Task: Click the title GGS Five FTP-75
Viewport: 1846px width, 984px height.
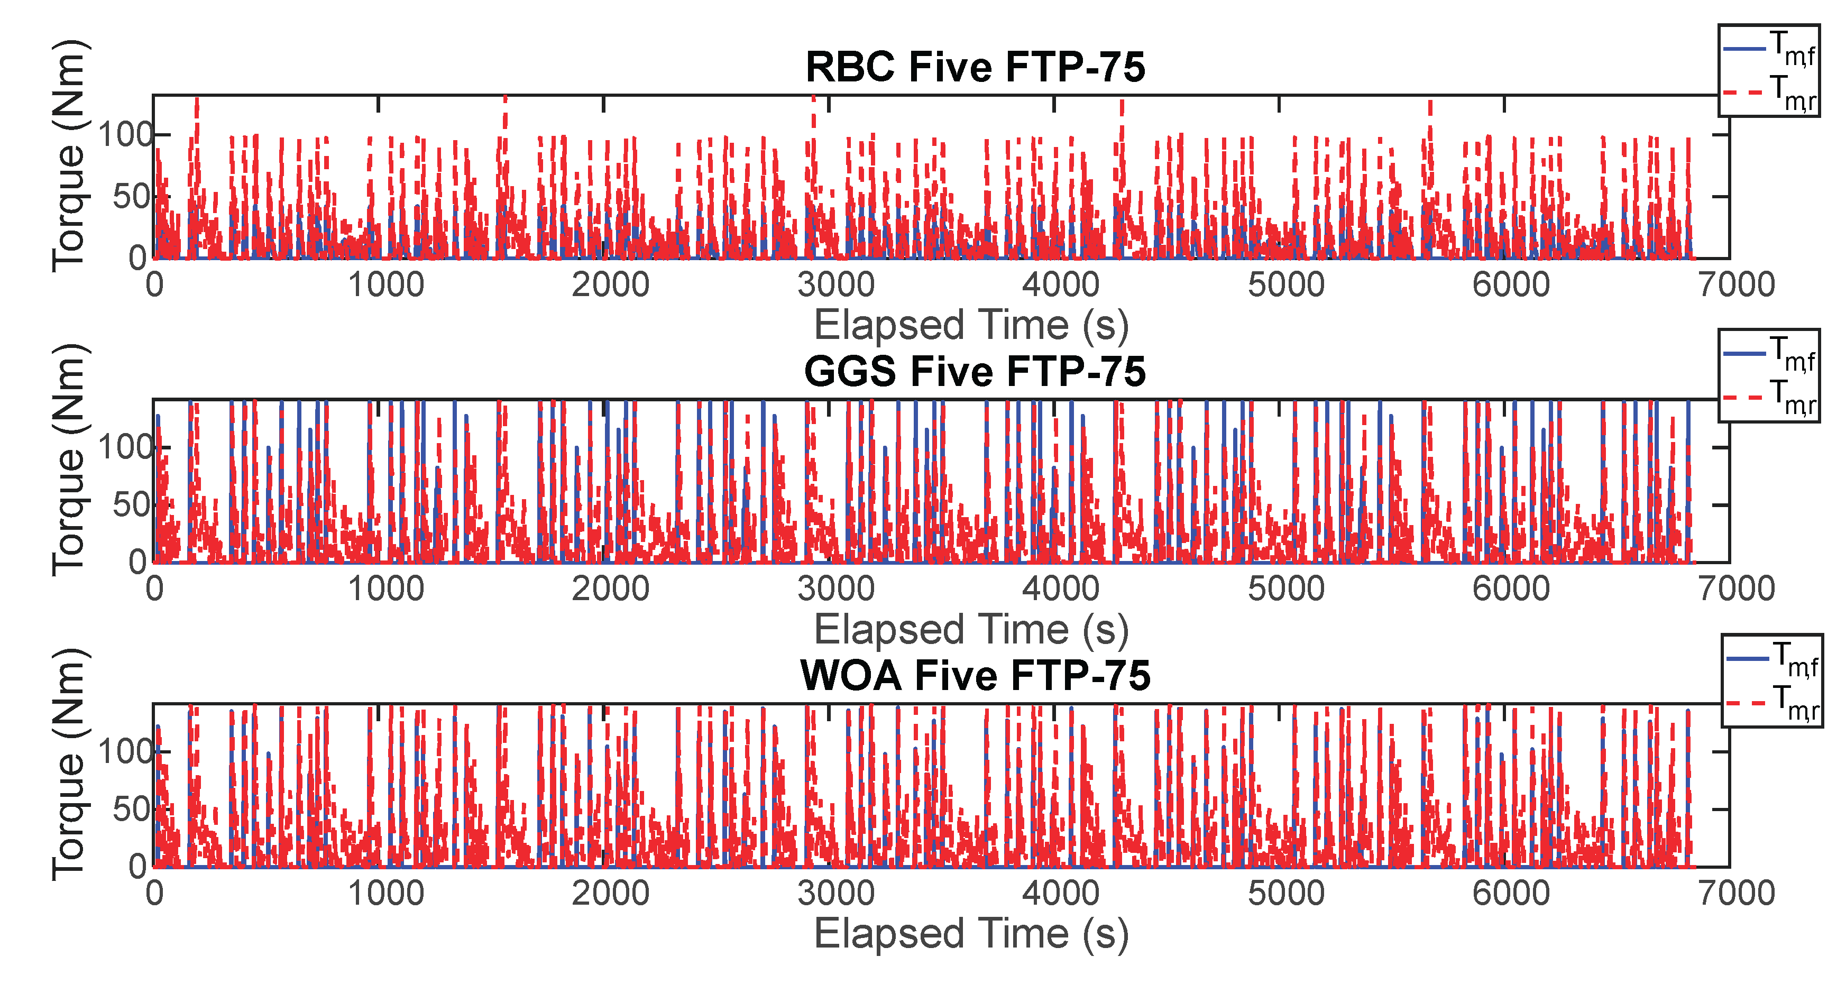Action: [x=975, y=372]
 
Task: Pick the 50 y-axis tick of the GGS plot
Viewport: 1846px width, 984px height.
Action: [x=131, y=505]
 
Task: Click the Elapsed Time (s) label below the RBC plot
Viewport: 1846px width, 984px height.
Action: [x=971, y=325]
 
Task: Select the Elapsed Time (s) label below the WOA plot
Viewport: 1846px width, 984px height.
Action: [x=971, y=934]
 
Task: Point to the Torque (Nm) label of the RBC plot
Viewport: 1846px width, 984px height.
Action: [x=69, y=155]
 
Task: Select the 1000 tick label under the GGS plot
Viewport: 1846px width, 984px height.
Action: [x=386, y=589]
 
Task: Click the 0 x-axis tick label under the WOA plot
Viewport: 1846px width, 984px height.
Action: [x=155, y=894]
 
